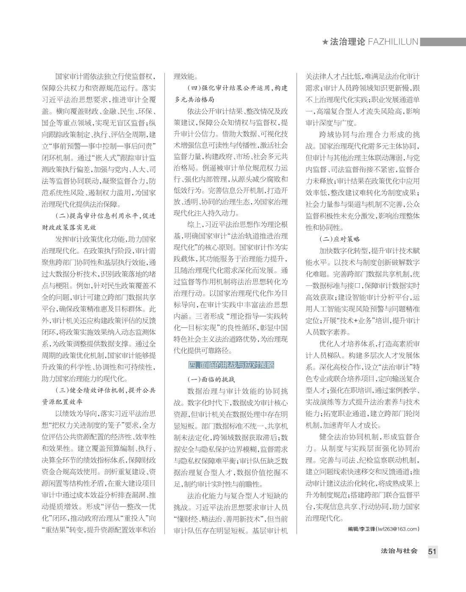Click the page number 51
(x=432, y=551)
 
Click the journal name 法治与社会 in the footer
(x=399, y=551)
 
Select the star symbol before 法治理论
(x=325, y=42)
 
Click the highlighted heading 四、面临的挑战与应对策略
(x=231, y=365)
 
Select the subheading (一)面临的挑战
(x=211, y=379)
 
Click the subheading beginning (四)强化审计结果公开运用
(x=237, y=88)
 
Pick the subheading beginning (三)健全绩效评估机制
(x=105, y=390)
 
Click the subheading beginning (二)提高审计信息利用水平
(x=105, y=216)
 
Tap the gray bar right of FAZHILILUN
(x=443, y=42)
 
